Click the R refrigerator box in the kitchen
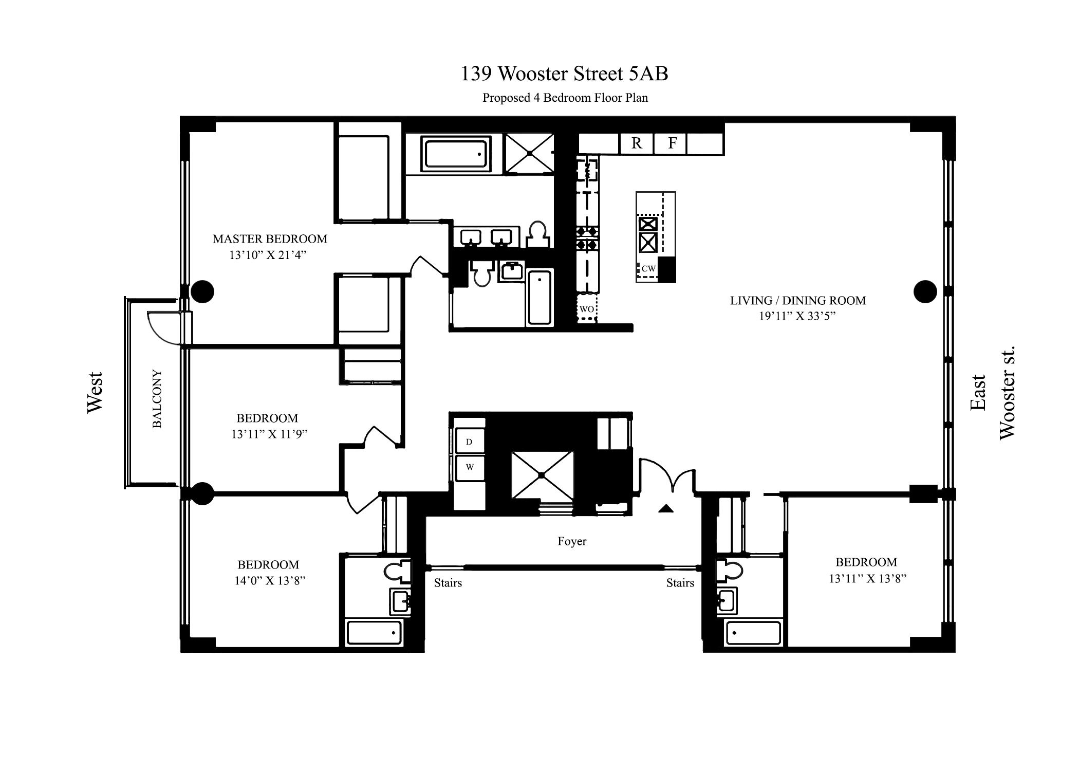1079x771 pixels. (637, 143)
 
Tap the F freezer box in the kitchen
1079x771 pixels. (672, 143)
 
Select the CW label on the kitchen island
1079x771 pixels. (648, 268)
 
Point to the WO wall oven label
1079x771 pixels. (587, 309)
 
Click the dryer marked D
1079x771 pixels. (469, 442)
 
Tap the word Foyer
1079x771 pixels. (572, 541)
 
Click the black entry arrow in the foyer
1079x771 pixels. (666, 509)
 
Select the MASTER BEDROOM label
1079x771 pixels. (270, 239)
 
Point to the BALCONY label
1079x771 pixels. (157, 398)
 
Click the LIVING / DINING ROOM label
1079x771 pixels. (797, 301)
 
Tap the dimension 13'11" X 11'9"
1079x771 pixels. (269, 434)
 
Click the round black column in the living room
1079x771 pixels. (925, 291)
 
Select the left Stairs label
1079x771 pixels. (448, 583)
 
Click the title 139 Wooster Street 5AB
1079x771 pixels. (564, 74)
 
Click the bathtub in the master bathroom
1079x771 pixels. (455, 153)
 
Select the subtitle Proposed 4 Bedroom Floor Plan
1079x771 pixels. (565, 98)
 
